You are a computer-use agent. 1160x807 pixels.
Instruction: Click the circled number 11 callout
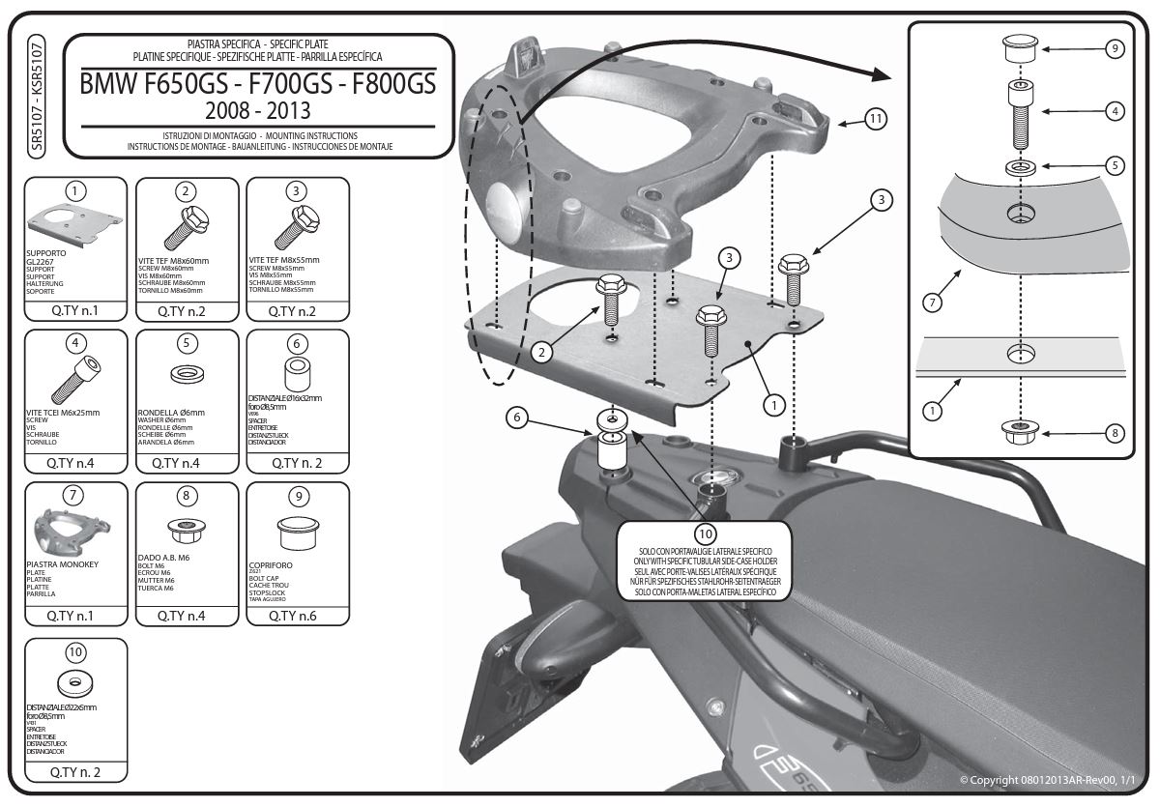pos(875,119)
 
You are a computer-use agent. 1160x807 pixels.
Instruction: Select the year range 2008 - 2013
pos(257,108)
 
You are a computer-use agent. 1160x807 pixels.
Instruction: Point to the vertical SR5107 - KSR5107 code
pos(37,93)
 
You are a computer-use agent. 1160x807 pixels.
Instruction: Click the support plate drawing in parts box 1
pos(75,223)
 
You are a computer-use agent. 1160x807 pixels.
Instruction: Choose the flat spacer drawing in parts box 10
pos(74,684)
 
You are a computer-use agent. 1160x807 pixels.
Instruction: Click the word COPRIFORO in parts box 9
pos(272,562)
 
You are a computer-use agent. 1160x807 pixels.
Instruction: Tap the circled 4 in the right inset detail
pos(1115,111)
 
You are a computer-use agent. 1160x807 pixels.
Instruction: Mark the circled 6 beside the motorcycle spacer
pos(518,418)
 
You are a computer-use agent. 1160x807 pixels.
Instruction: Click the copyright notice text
pos(1051,779)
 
